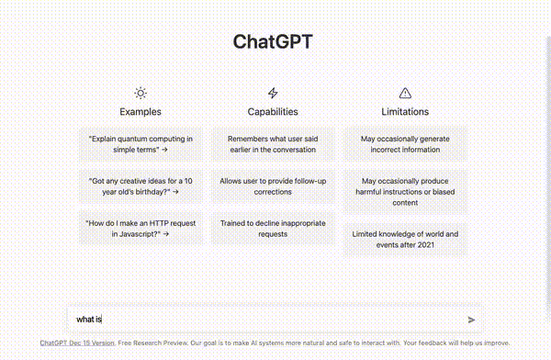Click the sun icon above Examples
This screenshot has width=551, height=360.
click(x=140, y=93)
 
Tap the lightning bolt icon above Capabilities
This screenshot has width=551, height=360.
click(x=272, y=93)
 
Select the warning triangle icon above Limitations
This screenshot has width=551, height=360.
click(x=405, y=93)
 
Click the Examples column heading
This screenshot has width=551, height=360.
click(x=140, y=111)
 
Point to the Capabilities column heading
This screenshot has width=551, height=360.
click(x=272, y=111)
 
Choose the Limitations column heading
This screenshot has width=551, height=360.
click(x=405, y=111)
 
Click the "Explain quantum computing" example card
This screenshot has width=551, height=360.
click(x=140, y=143)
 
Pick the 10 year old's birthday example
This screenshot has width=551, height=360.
click(x=140, y=186)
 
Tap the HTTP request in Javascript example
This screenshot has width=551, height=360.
click(x=140, y=228)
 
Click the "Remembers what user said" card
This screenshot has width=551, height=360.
click(x=272, y=143)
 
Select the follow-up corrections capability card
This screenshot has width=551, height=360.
click(x=272, y=186)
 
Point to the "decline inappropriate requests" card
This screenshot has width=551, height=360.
click(x=272, y=228)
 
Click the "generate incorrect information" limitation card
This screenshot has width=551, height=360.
click(x=405, y=143)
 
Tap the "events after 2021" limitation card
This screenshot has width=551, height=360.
click(x=405, y=240)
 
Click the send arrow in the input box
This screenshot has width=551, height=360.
click(x=471, y=320)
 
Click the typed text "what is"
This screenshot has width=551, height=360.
click(x=89, y=320)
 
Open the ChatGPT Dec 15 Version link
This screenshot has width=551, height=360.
click(x=77, y=343)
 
